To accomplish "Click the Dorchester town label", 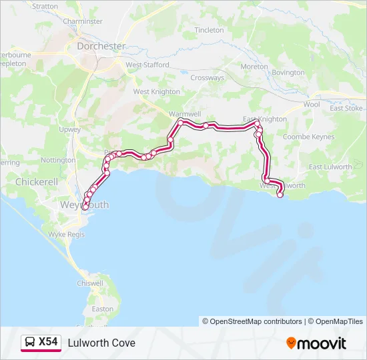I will click(101, 46).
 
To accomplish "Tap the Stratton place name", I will click(45, 6).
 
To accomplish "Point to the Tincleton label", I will click(209, 30).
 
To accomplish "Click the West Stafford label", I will click(147, 65).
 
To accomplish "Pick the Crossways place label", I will click(207, 78).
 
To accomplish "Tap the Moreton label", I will click(254, 67).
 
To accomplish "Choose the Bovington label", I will click(288, 72).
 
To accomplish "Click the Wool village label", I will click(312, 105).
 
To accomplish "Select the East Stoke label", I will click(346, 108).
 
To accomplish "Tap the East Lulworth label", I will click(330, 167).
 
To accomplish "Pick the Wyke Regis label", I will click(64, 235).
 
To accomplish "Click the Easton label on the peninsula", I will click(102, 309).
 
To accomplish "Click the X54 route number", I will click(48, 343).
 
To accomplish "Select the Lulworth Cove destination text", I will click(101, 343).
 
